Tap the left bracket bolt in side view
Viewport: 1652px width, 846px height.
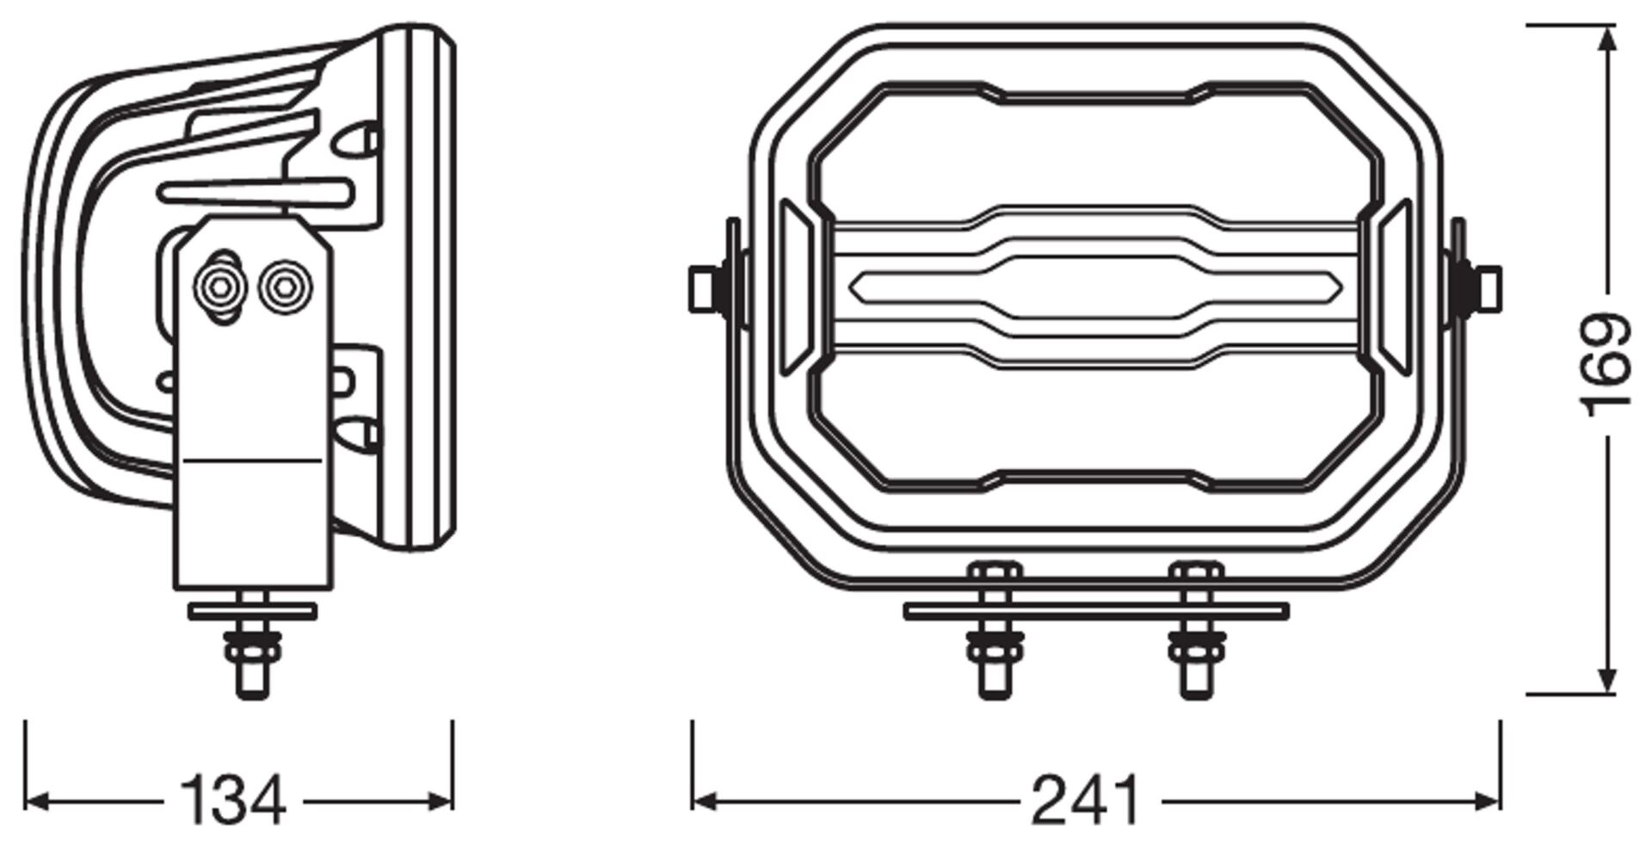coord(221,287)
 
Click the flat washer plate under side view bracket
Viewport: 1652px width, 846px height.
coord(253,611)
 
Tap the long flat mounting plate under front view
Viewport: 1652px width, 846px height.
coord(1094,611)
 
